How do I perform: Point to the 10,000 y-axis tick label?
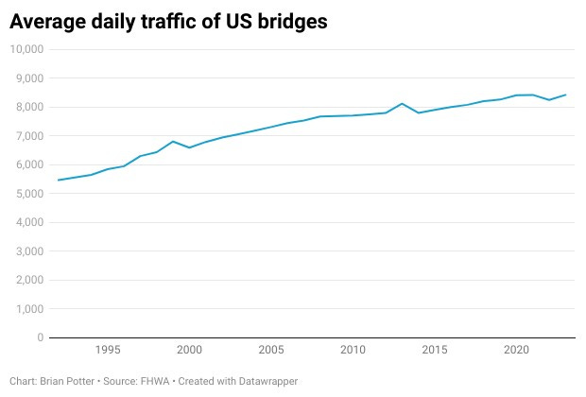[26, 49]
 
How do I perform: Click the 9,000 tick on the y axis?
[28, 78]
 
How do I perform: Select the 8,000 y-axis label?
[28, 107]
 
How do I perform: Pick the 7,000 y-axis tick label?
[28, 136]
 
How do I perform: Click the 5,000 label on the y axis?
[28, 194]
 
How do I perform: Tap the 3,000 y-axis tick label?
[28, 251]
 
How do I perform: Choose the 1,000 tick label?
[28, 309]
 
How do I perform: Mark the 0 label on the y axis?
[40, 337]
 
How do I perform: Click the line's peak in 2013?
[402, 104]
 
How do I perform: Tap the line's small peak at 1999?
[173, 142]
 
